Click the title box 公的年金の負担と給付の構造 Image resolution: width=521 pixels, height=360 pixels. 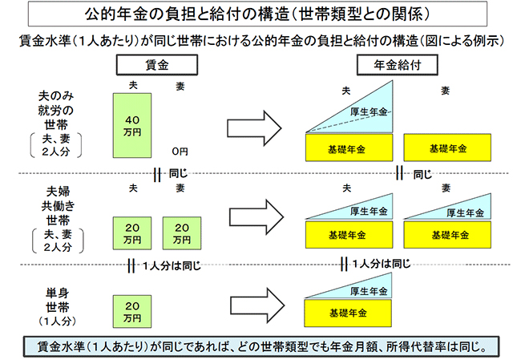[260, 14]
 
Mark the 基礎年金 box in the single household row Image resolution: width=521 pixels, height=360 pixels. [349, 311]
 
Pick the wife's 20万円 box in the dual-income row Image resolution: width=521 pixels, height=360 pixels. [181, 233]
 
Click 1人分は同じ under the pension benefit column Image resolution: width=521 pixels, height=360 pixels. [385, 264]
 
